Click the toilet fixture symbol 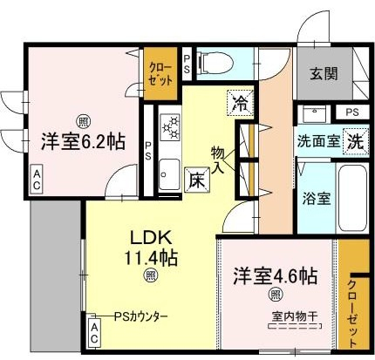point(215,63)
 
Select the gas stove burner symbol point(170,127)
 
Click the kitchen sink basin point(170,174)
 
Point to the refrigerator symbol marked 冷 point(240,103)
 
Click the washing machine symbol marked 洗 point(356,141)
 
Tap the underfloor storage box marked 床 point(197,180)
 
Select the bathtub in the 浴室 point(352,198)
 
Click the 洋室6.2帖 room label point(83,141)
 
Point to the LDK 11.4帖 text point(151,248)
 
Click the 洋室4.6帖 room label point(275,276)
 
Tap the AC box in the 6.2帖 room point(37,180)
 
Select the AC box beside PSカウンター point(94,333)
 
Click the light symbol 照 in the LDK point(150,275)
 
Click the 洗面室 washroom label point(318,141)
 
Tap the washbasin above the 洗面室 point(315,114)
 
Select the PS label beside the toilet point(187,65)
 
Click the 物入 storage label point(218,160)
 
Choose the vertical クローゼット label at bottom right point(351,313)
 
